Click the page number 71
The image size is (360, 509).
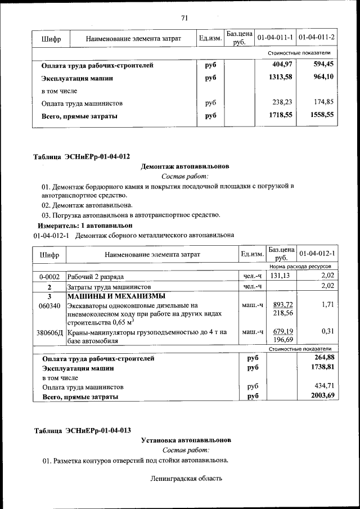[184, 17]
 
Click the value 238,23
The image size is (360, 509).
[282, 103]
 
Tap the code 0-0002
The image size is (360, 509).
[49, 276]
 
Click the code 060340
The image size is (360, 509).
[49, 305]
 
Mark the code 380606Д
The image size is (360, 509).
[49, 332]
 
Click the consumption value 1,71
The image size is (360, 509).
[327, 305]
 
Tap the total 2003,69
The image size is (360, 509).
[322, 396]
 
